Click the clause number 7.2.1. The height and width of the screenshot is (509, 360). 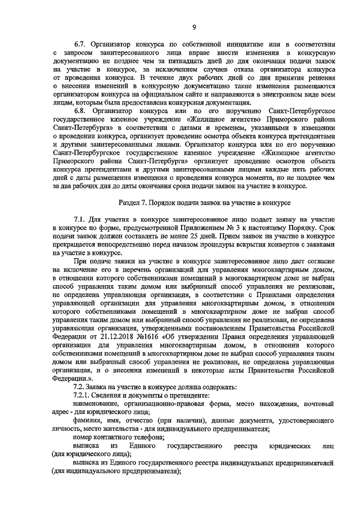coord(83,396)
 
